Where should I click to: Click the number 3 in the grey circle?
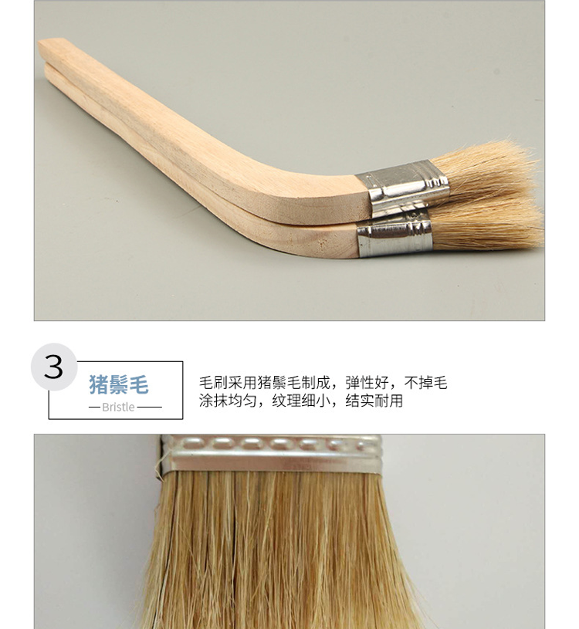coord(53,367)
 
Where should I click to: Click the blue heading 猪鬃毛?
coord(118,384)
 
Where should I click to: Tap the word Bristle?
coord(118,407)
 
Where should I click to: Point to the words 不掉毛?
coord(425,383)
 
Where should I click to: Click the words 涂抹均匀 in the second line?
coord(228,401)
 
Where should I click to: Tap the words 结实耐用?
coord(374,401)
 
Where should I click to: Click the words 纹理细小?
coord(300,401)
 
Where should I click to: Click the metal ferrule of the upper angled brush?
coord(403,187)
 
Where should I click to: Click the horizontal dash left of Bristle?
coord(94,407)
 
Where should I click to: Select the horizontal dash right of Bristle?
coord(150,407)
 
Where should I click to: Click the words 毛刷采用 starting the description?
coord(228,383)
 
